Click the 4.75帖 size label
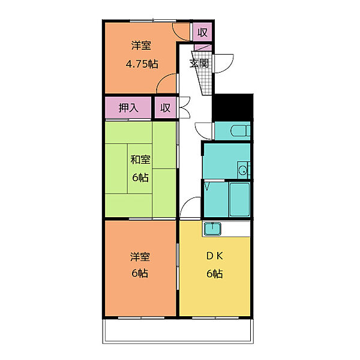pos(142,64)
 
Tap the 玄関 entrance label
pos(199,63)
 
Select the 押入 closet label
pos(128,107)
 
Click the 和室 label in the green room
pos(140,160)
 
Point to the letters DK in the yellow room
pos(215,256)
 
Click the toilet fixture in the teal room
pos(241,131)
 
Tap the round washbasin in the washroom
pos(242,170)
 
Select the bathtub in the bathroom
pos(239,199)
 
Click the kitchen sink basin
pos(212,229)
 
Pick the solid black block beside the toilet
pos(233,107)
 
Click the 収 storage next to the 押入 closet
pos(166,107)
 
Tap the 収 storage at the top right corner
pos(202,32)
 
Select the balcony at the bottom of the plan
pos(178,331)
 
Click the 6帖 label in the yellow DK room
pos(215,274)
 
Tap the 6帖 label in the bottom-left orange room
pos(140,273)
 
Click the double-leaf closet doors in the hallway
pos(184,107)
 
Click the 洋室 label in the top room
pos(141,46)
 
